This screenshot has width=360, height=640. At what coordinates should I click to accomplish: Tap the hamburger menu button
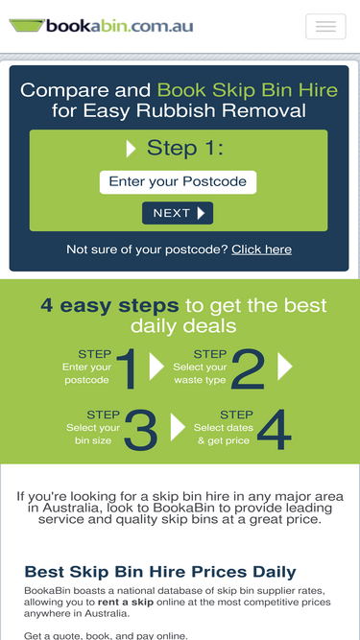325,27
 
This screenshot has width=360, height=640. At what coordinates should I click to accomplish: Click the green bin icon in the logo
27,25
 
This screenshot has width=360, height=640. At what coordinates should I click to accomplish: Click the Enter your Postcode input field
178,182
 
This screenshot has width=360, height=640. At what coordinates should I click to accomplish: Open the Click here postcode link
262,249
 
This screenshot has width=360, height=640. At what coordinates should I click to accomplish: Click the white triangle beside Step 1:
131,149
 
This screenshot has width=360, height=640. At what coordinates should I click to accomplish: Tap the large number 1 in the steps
127,368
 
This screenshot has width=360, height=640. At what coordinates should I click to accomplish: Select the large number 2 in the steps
249,368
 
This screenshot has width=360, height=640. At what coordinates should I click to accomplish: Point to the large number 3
140,430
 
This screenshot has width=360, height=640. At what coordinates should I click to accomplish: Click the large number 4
275,430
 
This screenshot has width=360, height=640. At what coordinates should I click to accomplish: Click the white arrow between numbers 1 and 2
156,367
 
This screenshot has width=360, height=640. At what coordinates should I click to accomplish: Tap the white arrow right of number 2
285,367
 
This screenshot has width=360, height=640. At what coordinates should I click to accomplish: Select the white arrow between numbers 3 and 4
178,427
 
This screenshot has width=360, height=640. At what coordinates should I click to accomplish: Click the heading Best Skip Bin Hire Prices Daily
160,572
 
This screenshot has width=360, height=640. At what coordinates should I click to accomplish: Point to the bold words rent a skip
126,602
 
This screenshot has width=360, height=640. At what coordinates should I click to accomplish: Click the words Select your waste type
200,373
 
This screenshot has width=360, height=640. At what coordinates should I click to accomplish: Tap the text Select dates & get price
224,435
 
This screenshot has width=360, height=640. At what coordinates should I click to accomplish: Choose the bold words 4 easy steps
109,305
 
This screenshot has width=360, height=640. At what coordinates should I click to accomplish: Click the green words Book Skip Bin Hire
248,90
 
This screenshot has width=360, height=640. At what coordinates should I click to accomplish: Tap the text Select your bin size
93,435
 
